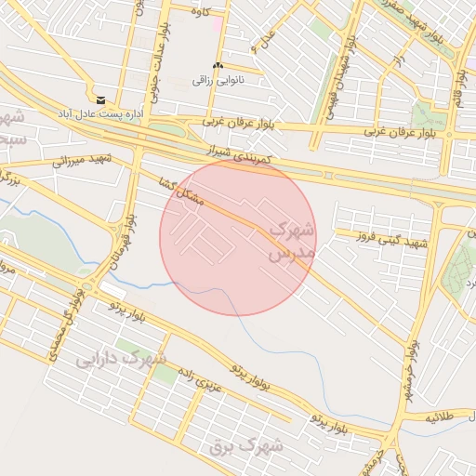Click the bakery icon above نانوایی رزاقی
218,66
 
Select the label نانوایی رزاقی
217,81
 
